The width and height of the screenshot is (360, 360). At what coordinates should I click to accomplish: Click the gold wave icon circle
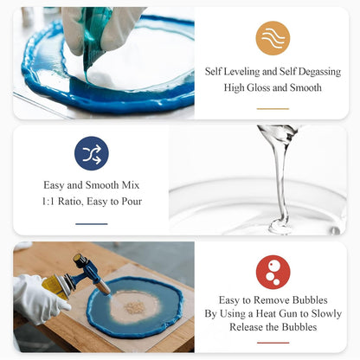click(x=273, y=38)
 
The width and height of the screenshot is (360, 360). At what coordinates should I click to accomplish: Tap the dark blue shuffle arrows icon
click(x=91, y=153)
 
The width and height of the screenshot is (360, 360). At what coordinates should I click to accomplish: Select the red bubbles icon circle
click(x=273, y=272)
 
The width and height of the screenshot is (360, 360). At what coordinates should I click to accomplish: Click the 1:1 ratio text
click(x=64, y=202)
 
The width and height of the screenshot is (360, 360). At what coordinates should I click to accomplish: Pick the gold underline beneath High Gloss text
click(x=273, y=109)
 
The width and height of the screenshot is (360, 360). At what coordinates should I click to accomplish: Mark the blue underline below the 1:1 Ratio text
click(x=91, y=223)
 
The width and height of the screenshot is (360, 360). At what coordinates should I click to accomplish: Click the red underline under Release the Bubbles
click(x=273, y=343)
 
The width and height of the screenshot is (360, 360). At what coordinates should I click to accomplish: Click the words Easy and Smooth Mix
click(x=91, y=184)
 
